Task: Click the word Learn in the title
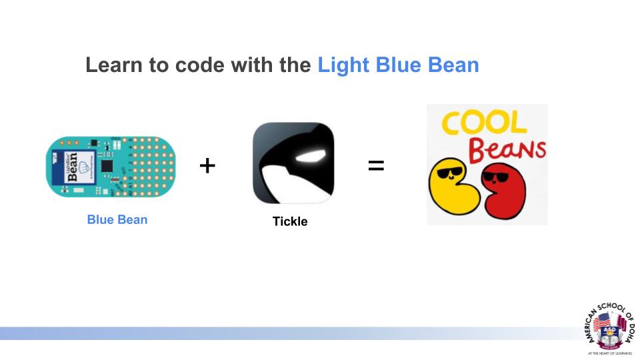click(x=111, y=65)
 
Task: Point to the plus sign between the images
click(x=207, y=165)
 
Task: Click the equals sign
click(x=376, y=165)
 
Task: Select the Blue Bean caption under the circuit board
click(x=117, y=219)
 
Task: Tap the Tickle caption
click(x=290, y=221)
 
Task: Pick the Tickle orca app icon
click(x=293, y=163)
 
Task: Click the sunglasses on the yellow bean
click(x=451, y=177)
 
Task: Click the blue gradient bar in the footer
click(x=267, y=333)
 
